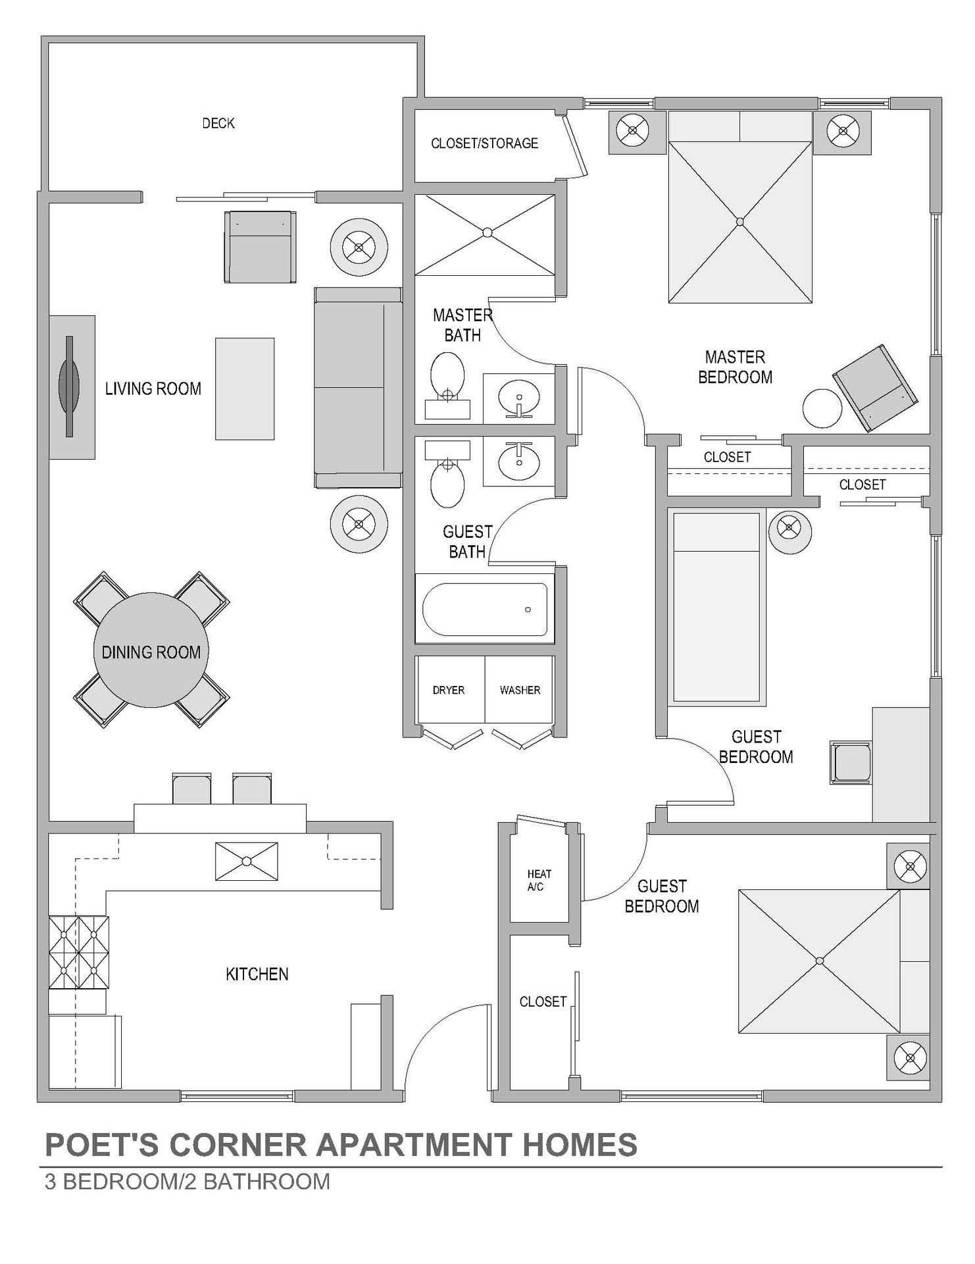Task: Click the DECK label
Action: pos(218,123)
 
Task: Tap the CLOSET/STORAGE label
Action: pos(484,144)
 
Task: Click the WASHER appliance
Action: pos(519,690)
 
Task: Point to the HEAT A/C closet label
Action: pos(539,880)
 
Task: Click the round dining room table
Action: pos(151,650)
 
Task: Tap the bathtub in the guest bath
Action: pos(485,610)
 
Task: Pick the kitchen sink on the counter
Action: pos(247,861)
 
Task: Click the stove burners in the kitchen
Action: pos(78,952)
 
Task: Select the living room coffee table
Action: pos(245,388)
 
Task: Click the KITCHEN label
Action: pos(257,974)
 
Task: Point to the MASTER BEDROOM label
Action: pos(735,367)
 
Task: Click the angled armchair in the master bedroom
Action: pos(876,388)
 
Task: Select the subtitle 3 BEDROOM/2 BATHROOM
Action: pos(187,1182)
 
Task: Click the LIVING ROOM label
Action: pos(153,388)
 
